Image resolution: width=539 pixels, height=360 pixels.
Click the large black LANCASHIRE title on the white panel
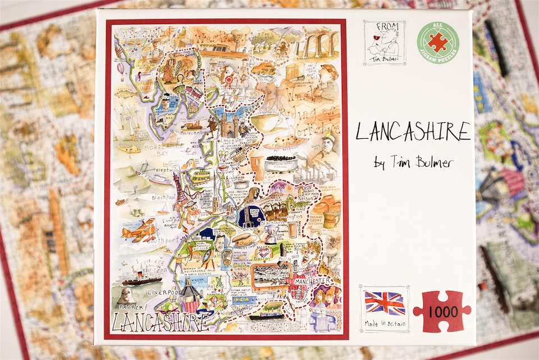(x=413, y=132)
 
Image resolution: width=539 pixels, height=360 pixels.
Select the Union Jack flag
(x=385, y=303)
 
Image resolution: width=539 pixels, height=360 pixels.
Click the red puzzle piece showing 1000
(x=442, y=311)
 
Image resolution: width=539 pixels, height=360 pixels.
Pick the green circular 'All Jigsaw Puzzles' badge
(x=438, y=42)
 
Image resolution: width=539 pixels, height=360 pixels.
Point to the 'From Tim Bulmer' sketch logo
(x=384, y=43)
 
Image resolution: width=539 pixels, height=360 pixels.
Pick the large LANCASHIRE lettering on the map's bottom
(x=158, y=322)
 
